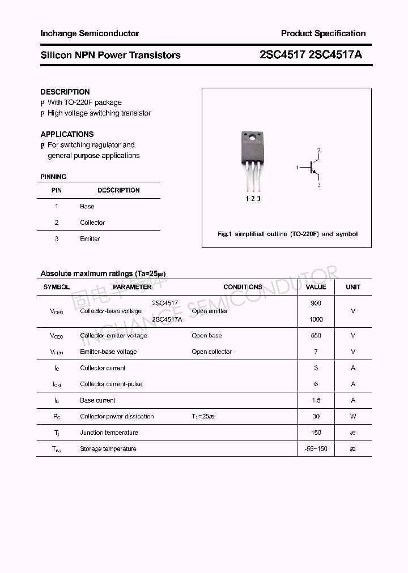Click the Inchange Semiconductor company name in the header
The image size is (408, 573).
click(90, 33)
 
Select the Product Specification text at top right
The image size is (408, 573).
click(323, 33)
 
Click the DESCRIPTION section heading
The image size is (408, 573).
click(65, 92)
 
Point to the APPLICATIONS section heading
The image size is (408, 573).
click(67, 134)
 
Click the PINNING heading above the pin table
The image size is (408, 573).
click(53, 177)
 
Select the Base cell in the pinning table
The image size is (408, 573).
click(87, 207)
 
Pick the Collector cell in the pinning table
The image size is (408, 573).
click(92, 223)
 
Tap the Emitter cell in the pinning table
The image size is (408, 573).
click(90, 239)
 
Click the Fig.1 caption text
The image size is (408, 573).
click(287, 234)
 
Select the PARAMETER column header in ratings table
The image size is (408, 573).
click(132, 287)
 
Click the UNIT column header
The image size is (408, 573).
click(353, 287)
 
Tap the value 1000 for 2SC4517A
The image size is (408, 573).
click(316, 319)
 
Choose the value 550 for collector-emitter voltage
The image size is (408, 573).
click(316, 336)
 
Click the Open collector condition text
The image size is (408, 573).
click(211, 352)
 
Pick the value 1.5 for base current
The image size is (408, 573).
click(316, 400)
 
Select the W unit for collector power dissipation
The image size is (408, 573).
click(353, 416)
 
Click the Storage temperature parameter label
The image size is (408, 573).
click(108, 449)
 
